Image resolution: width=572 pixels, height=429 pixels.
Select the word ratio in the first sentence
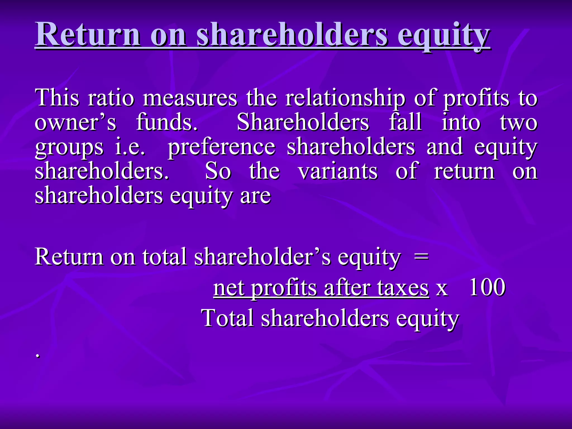coord(111,98)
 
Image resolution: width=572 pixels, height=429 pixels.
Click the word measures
coord(190,98)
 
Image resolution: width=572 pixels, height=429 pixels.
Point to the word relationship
coord(345,98)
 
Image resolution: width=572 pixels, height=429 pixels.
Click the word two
coord(518,123)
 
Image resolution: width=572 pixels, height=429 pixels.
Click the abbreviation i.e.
coord(130,147)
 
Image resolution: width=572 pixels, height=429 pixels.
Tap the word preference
coord(221,147)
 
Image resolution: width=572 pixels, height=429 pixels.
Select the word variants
coord(338,171)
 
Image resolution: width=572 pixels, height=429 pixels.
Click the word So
coord(218,171)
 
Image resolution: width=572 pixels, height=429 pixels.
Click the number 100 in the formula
coord(487,287)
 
